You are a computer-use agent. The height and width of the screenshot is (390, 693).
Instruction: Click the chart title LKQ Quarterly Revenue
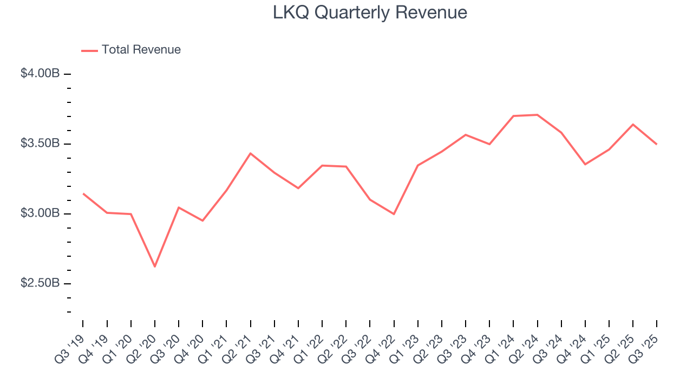pos(370,12)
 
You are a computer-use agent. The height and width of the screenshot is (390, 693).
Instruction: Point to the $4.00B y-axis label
pos(40,74)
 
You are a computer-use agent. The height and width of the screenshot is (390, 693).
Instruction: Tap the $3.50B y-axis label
pos(40,144)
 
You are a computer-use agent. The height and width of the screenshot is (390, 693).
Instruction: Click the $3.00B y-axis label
pos(40,213)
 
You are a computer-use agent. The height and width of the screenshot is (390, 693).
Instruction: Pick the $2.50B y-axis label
pos(40,283)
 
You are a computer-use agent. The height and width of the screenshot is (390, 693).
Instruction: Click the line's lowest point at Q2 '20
pos(155,266)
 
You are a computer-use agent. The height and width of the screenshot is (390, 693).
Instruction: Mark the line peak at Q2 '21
pos(250,153)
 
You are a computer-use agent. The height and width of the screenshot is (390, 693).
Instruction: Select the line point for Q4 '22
pos(394,214)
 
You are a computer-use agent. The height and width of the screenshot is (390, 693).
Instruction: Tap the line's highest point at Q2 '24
pos(537,115)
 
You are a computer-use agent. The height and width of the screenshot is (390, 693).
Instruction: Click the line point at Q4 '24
pos(585,164)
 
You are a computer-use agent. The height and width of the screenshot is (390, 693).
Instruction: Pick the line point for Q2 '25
pos(633,125)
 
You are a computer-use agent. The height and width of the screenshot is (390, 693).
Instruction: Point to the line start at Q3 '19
pos(83,193)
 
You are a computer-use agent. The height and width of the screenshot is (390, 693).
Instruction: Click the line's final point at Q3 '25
pos(657,144)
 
